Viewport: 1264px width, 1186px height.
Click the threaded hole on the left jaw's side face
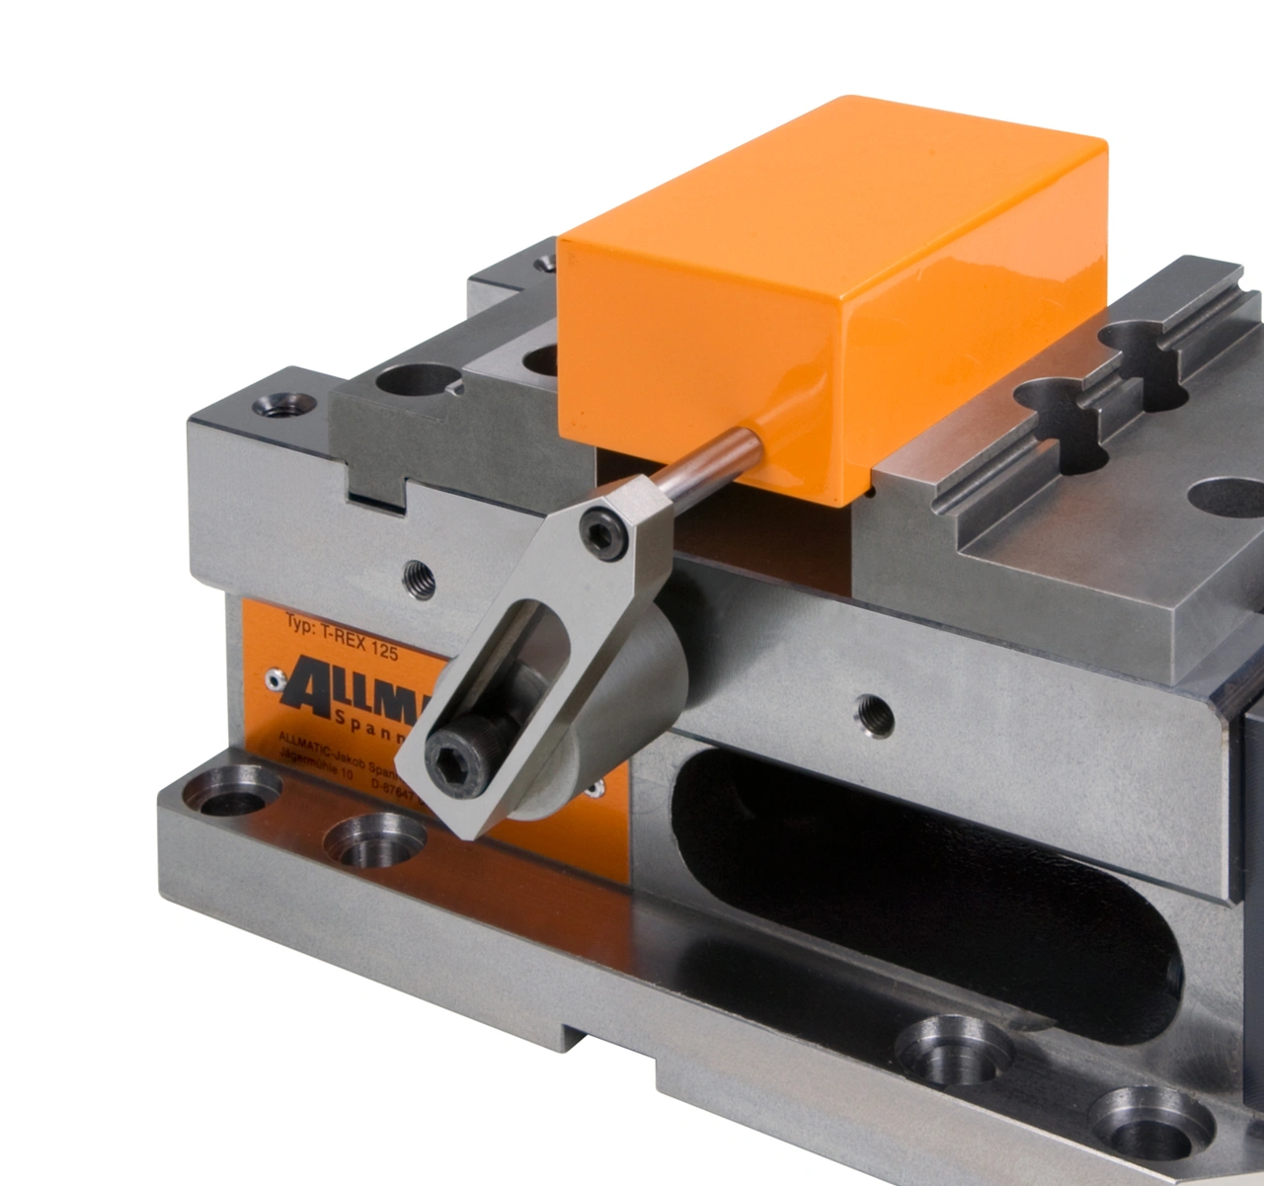(x=419, y=578)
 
